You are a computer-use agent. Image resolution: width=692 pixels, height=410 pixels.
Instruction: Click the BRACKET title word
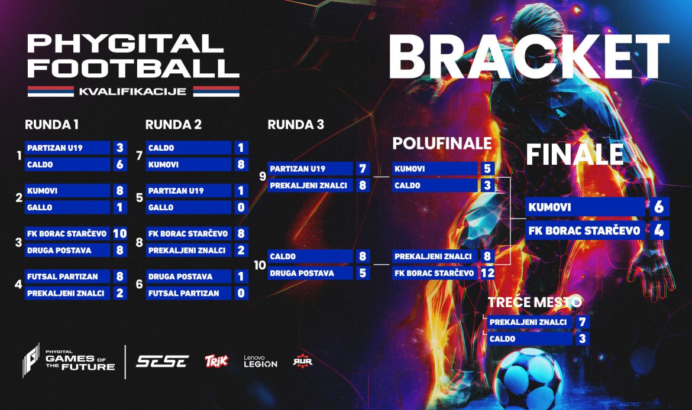[529, 57]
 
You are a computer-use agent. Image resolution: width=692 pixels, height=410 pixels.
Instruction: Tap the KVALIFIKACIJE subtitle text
[133, 92]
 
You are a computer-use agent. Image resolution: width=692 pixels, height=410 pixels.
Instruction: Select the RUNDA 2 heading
[173, 125]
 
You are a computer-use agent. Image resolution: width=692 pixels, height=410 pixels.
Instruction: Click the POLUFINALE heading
[442, 144]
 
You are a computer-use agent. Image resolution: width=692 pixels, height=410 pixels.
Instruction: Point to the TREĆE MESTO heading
[535, 302]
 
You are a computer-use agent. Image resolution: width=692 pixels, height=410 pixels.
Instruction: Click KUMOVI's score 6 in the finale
[659, 207]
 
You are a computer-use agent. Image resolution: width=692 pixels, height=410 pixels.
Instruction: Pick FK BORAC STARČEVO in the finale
[584, 230]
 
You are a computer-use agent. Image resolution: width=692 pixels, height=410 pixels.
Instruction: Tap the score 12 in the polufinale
[487, 273]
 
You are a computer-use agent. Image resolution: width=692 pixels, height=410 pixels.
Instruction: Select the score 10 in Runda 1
[119, 233]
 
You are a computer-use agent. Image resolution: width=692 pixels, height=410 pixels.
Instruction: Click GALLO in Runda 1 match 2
[40, 207]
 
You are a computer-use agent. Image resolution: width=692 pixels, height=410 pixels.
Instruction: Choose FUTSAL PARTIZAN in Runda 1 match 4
[63, 276]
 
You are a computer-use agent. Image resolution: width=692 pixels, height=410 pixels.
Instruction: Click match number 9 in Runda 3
[263, 176]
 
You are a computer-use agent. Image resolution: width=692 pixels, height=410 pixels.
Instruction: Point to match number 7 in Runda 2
[140, 155]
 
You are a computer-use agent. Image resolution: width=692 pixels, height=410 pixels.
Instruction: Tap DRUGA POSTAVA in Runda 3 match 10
[302, 274]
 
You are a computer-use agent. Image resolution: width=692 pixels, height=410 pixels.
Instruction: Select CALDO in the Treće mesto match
[503, 339]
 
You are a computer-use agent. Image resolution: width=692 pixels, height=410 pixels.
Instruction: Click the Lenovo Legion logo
[260, 362]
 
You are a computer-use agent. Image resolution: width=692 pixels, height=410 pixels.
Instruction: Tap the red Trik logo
[216, 361]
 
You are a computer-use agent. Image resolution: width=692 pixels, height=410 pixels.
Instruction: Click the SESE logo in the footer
[162, 362]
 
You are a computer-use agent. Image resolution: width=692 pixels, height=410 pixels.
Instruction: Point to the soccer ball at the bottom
[528, 378]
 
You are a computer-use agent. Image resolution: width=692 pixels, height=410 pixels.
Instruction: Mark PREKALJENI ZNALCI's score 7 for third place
[582, 322]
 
